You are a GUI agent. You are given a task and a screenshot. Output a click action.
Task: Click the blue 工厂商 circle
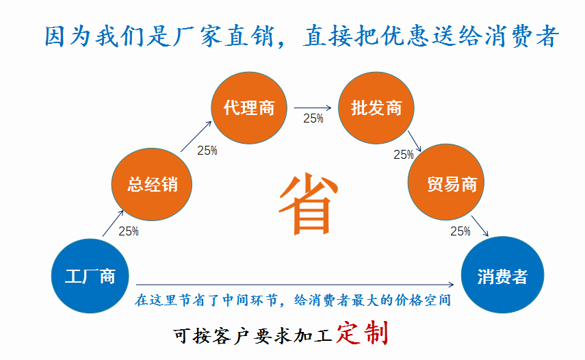90,276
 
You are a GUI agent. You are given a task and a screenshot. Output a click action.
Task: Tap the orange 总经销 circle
152,184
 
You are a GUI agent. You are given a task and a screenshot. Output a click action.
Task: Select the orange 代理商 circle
249,108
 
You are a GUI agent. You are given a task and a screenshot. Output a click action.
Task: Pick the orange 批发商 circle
376,108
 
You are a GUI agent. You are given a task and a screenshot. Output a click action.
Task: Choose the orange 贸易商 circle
446,181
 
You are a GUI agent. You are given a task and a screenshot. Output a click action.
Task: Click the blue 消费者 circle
502,275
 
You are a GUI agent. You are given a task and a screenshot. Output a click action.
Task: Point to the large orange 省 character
308,203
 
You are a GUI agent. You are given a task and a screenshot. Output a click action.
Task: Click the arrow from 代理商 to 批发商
313,108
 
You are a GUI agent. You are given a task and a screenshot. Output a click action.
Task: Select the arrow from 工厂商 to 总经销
113,223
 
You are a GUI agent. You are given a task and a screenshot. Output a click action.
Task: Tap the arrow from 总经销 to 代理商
196,136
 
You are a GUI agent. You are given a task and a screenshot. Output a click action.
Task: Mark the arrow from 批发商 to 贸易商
415,141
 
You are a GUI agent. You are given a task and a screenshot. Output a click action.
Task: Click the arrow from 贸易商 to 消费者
480,226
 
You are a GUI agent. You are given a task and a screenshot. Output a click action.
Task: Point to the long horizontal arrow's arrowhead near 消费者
451,284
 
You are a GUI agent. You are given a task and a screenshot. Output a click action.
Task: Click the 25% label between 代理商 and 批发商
313,118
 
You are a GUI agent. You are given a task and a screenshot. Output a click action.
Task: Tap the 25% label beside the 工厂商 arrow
129,231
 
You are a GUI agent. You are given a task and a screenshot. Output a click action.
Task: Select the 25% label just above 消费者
460,231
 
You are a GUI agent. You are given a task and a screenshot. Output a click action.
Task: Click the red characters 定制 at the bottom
362,333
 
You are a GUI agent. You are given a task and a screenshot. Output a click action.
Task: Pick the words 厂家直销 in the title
223,36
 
